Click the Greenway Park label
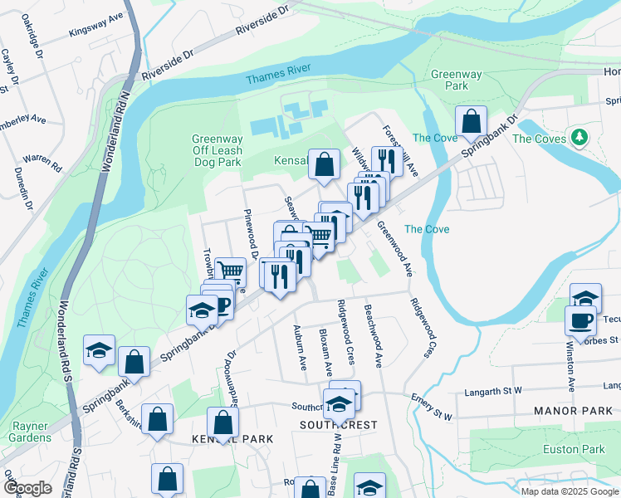[456, 80]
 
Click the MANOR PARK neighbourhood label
[570, 410]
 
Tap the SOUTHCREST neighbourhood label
[338, 425]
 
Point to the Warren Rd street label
[43, 161]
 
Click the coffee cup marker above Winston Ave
[580, 320]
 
